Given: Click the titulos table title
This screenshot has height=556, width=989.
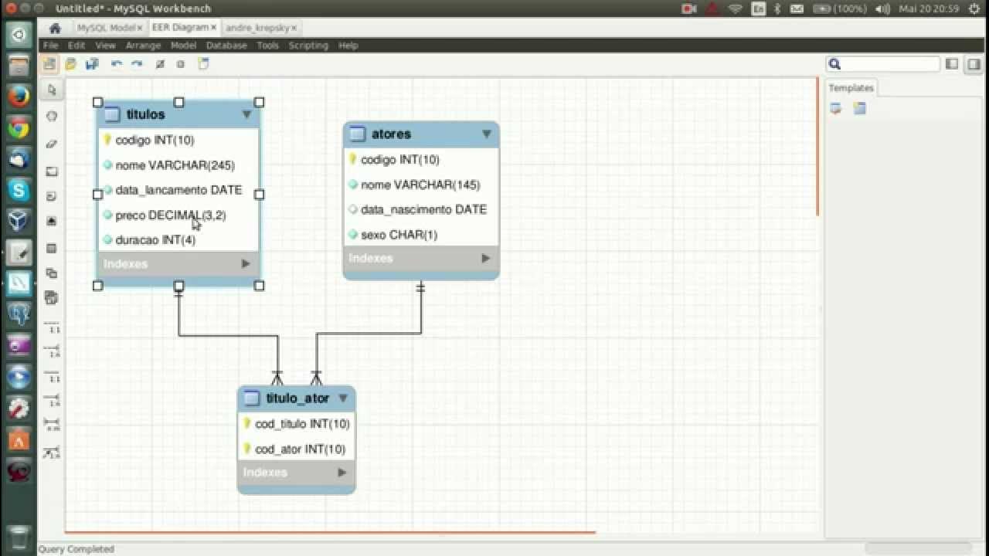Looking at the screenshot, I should point(145,114).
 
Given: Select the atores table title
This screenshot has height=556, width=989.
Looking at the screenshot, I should point(391,134).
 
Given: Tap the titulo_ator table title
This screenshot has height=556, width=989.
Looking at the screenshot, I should point(297,398).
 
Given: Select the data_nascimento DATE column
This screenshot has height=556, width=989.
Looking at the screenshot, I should point(423,209).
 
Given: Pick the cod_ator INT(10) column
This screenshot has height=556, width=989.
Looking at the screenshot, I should point(300,449).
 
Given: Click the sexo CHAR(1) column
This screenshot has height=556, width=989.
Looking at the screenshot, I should point(399,235).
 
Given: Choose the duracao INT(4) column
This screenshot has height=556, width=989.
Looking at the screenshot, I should point(155,240).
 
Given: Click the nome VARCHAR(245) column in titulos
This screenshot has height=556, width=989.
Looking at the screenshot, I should point(175,165).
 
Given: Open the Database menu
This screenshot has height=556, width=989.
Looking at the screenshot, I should point(226,46).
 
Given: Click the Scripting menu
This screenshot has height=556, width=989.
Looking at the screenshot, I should point(308,46).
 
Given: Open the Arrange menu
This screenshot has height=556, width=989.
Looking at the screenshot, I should point(143,46).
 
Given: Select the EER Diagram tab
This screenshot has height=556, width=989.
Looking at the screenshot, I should point(179,27).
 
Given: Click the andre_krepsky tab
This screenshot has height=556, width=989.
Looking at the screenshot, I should point(257,28).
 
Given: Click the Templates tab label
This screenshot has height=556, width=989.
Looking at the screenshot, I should point(851,88).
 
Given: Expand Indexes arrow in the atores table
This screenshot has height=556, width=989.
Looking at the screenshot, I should point(485,258).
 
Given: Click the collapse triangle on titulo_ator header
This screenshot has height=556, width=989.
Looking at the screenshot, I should point(343,398).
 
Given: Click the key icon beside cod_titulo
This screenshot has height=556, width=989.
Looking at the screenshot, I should point(247,424).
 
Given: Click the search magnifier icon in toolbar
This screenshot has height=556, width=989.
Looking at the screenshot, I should point(834,64).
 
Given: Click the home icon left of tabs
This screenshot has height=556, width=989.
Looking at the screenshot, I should point(55,28).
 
